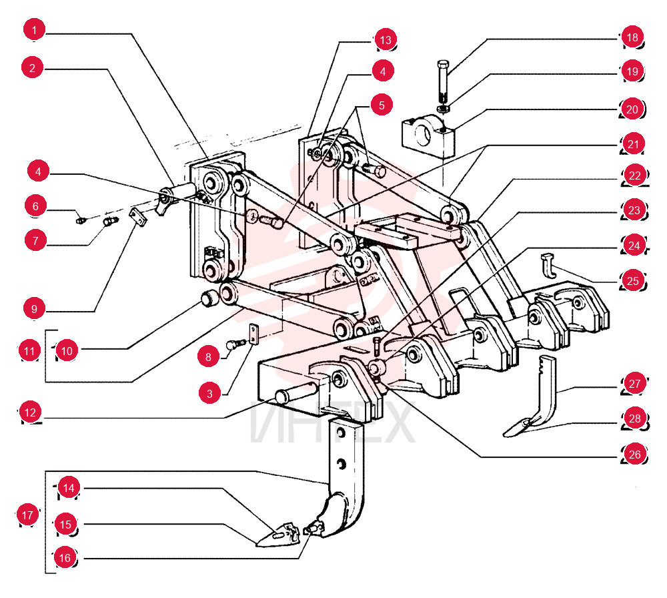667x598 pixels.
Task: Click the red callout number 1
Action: tap(35, 29)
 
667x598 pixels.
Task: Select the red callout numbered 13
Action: tap(386, 40)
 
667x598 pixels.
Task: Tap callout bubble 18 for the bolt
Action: tap(632, 37)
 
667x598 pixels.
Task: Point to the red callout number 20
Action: tap(632, 109)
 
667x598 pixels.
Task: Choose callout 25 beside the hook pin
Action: tap(633, 281)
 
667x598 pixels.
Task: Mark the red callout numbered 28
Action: tap(635, 418)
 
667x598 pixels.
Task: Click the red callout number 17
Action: tap(27, 515)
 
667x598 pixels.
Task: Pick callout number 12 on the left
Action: tap(30, 412)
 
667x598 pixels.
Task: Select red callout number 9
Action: tap(35, 308)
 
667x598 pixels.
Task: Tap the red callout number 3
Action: tap(209, 393)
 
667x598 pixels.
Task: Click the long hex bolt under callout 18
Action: tap(442, 80)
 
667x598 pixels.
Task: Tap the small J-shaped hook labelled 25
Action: tap(549, 266)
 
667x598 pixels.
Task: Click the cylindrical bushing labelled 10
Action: tap(209, 298)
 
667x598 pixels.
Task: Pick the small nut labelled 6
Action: tap(81, 220)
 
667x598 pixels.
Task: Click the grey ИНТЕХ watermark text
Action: tap(331, 422)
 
